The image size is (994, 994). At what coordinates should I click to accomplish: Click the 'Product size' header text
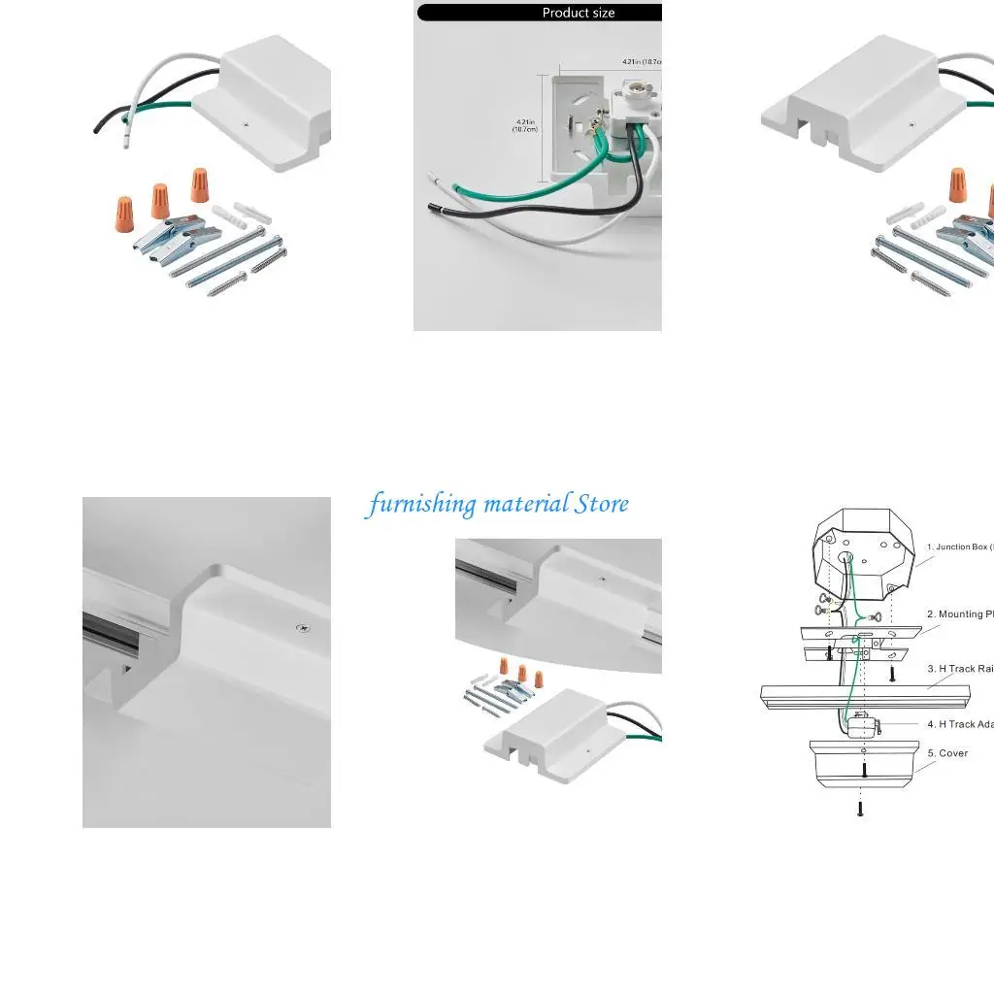point(578,13)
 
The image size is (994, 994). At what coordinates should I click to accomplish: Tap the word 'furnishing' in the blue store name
point(423,504)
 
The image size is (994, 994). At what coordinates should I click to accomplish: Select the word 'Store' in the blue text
point(601,504)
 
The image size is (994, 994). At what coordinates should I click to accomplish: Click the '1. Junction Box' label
point(959,547)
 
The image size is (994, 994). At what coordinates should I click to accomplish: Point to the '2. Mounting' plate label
point(960,614)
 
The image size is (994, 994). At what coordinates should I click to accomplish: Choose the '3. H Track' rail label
point(960,669)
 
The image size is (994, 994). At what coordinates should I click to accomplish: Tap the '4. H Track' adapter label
point(960,724)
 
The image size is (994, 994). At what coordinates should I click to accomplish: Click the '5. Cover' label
point(946,753)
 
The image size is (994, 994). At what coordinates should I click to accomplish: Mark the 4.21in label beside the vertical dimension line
point(525,125)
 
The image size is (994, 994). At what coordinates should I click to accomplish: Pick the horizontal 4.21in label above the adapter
point(642,62)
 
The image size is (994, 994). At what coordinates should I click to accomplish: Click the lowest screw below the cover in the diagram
point(859,808)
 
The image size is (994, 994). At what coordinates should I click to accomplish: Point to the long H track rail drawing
point(864,696)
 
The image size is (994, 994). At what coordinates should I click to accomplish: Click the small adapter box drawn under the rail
point(859,724)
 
